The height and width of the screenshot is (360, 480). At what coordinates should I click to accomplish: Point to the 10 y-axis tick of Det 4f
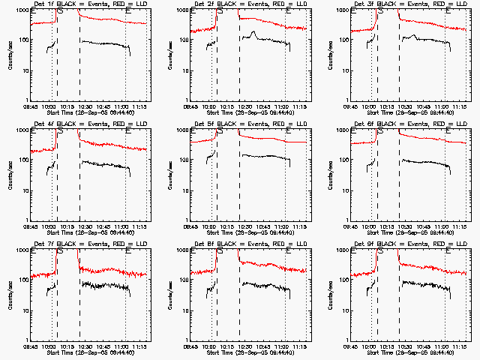[21, 190]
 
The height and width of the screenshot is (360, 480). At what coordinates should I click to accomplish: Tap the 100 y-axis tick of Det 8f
[179, 280]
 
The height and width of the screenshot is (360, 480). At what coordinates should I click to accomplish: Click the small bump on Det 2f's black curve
[255, 33]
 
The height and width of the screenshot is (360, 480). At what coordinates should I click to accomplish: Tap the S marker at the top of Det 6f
[380, 131]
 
